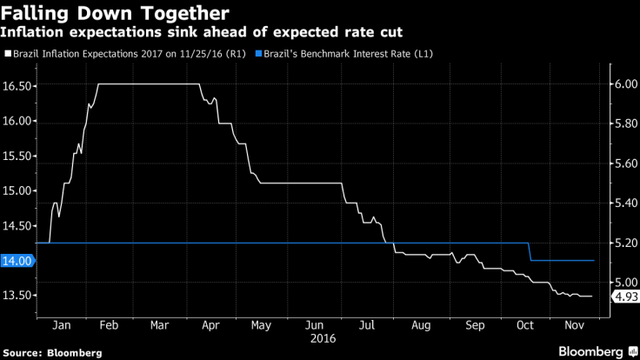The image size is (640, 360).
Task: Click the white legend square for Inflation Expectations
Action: (x=7, y=54)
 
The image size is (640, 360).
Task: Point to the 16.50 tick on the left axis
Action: (x=18, y=86)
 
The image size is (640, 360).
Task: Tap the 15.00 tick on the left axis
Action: (x=18, y=190)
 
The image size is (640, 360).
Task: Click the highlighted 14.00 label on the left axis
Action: (x=17, y=260)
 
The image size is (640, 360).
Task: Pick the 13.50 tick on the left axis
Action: (x=18, y=295)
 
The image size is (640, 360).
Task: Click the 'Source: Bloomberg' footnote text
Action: (x=52, y=352)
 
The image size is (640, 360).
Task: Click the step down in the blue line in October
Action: (x=530, y=251)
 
